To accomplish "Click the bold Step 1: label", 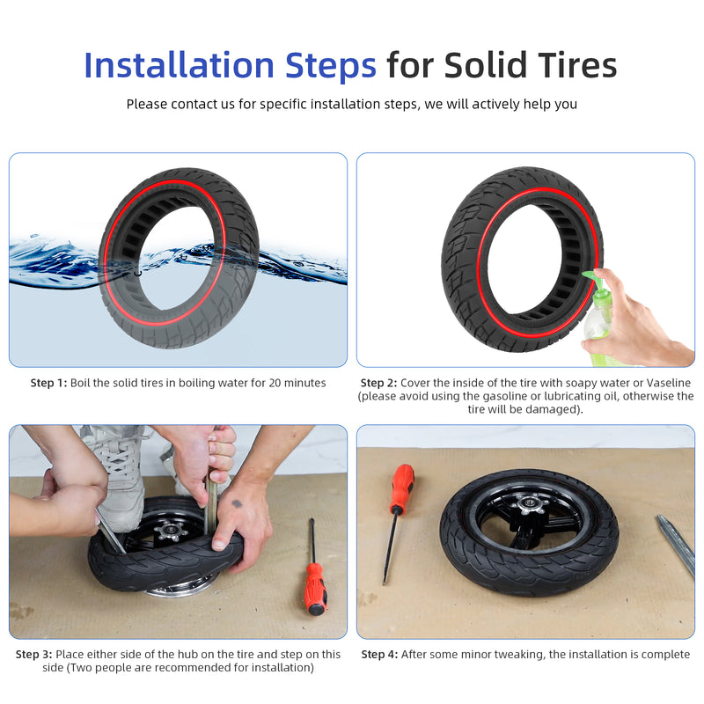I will pyautogui.click(x=48, y=383).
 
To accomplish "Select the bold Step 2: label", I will pyautogui.click(x=378, y=383).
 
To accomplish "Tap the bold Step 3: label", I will pyautogui.click(x=33, y=655).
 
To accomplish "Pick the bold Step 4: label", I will pyautogui.click(x=379, y=655).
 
